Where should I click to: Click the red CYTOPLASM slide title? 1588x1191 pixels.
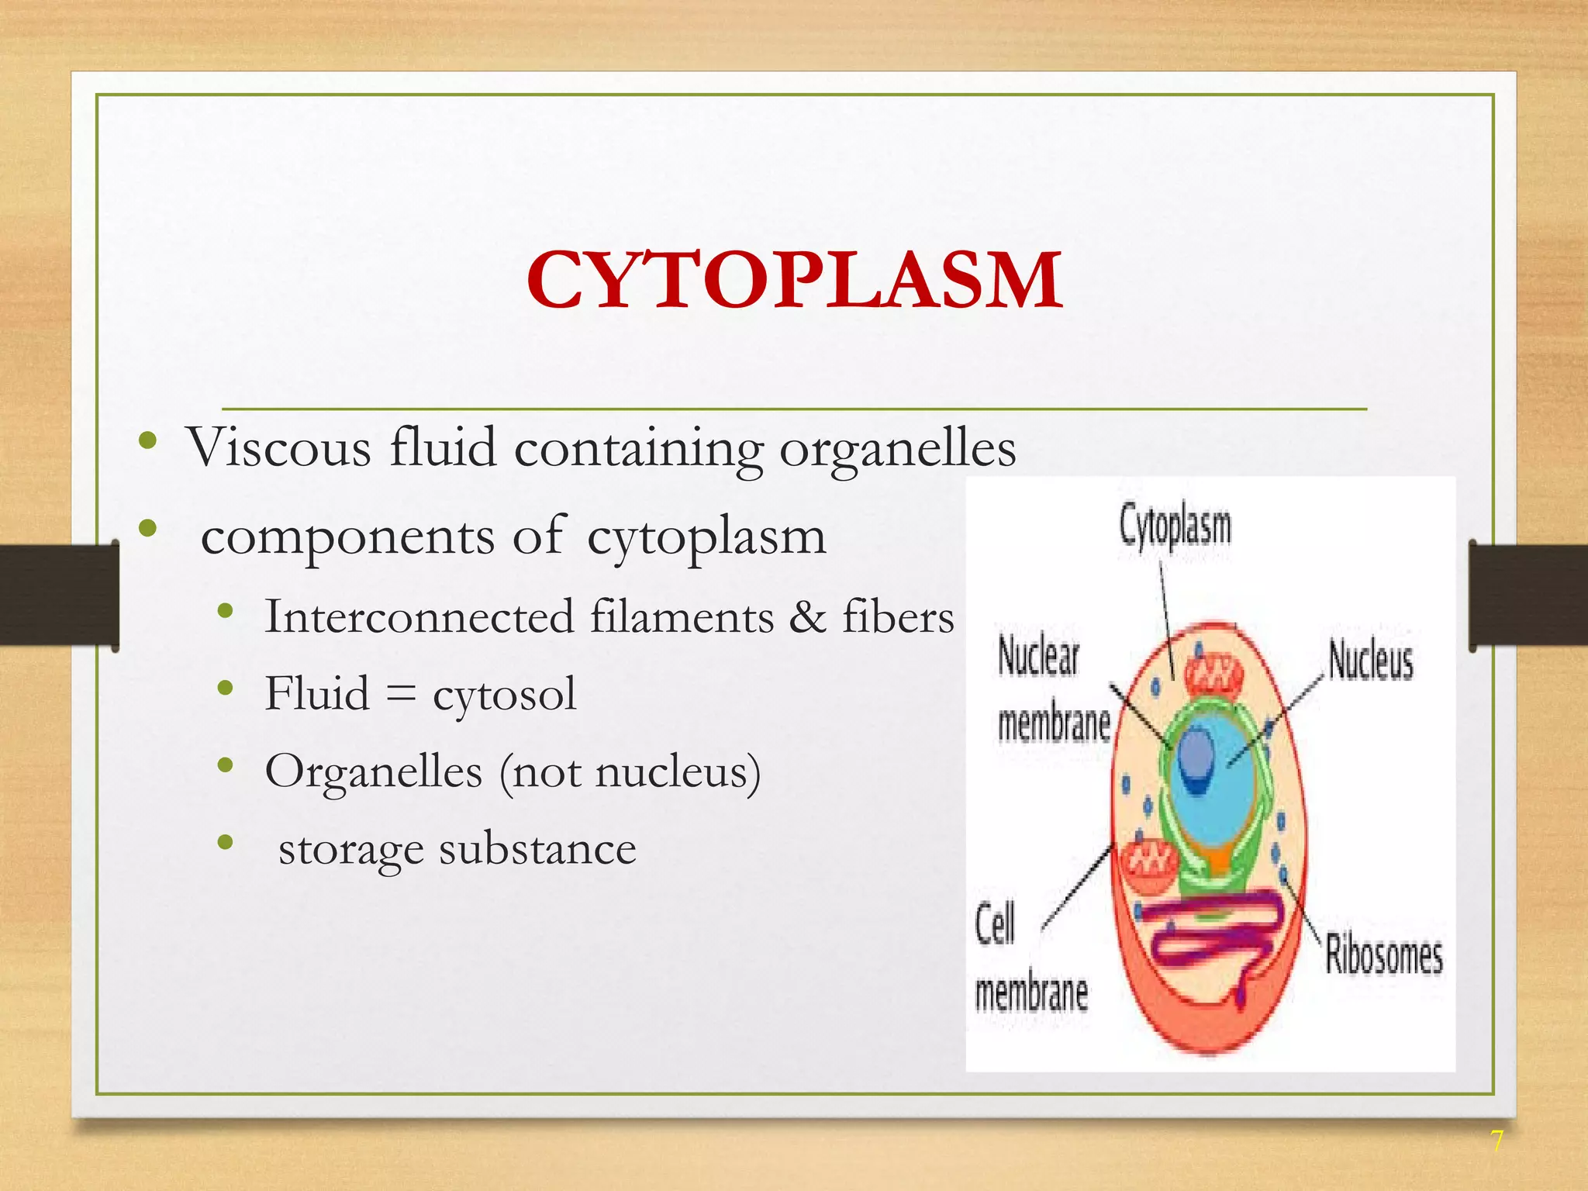[794, 280]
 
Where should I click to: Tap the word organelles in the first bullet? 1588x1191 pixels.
[897, 449]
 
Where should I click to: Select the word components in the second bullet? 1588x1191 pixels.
[347, 537]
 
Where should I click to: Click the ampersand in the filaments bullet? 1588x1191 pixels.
[808, 617]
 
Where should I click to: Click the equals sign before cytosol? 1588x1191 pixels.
[401, 694]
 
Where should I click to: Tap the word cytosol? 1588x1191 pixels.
[504, 694]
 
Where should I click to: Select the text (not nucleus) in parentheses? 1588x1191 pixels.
[630, 772]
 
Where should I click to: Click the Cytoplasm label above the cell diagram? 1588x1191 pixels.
[1175, 526]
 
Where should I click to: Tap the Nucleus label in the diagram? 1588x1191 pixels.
[1371, 661]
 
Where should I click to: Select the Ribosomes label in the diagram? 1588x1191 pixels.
[1383, 955]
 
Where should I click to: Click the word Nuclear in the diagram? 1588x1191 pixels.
[1037, 656]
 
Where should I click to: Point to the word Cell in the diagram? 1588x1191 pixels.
[995, 923]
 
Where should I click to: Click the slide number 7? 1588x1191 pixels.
[1496, 1141]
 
